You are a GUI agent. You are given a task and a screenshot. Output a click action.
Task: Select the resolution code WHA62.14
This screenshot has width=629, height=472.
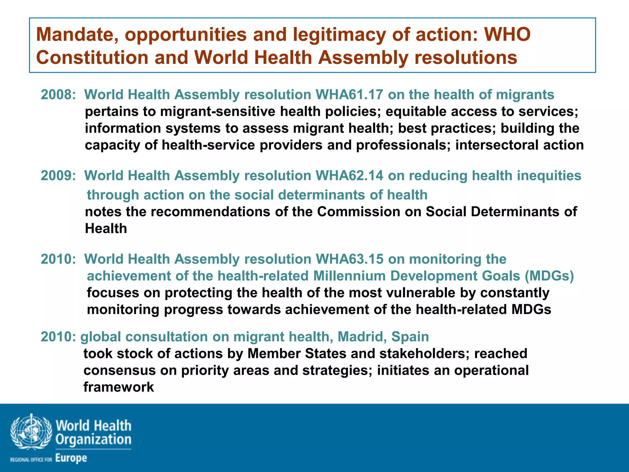(349, 176)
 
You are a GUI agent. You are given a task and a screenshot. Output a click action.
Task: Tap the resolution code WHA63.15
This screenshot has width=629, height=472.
(349, 259)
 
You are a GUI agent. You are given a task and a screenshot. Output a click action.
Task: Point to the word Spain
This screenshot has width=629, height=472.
(410, 337)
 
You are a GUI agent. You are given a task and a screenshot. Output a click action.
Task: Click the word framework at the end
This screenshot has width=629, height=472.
(119, 387)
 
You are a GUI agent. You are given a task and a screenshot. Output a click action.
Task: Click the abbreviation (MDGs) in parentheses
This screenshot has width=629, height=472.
(549, 276)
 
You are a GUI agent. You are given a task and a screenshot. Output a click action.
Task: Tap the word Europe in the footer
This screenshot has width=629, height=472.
(71, 458)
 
